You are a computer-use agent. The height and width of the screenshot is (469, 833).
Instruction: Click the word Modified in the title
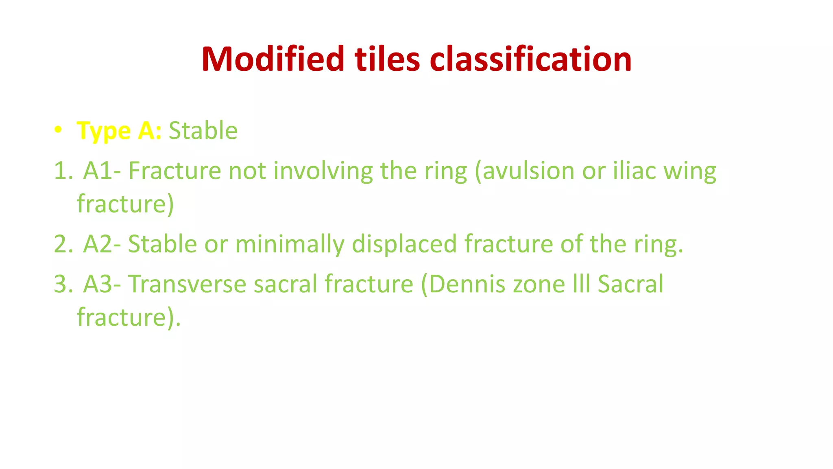click(x=273, y=59)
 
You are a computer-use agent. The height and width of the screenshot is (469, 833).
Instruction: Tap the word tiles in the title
click(x=387, y=59)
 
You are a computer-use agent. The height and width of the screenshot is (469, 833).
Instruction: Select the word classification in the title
click(x=530, y=59)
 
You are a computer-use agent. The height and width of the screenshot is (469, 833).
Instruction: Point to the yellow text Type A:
click(x=119, y=131)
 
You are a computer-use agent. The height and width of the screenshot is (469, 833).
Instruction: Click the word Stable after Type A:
click(x=203, y=131)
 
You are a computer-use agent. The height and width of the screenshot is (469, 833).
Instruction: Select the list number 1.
click(x=62, y=171)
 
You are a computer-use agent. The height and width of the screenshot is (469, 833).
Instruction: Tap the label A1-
click(x=102, y=171)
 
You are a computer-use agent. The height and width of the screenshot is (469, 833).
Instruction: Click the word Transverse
click(x=187, y=284)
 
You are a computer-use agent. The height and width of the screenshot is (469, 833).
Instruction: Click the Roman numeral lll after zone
click(x=582, y=284)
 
